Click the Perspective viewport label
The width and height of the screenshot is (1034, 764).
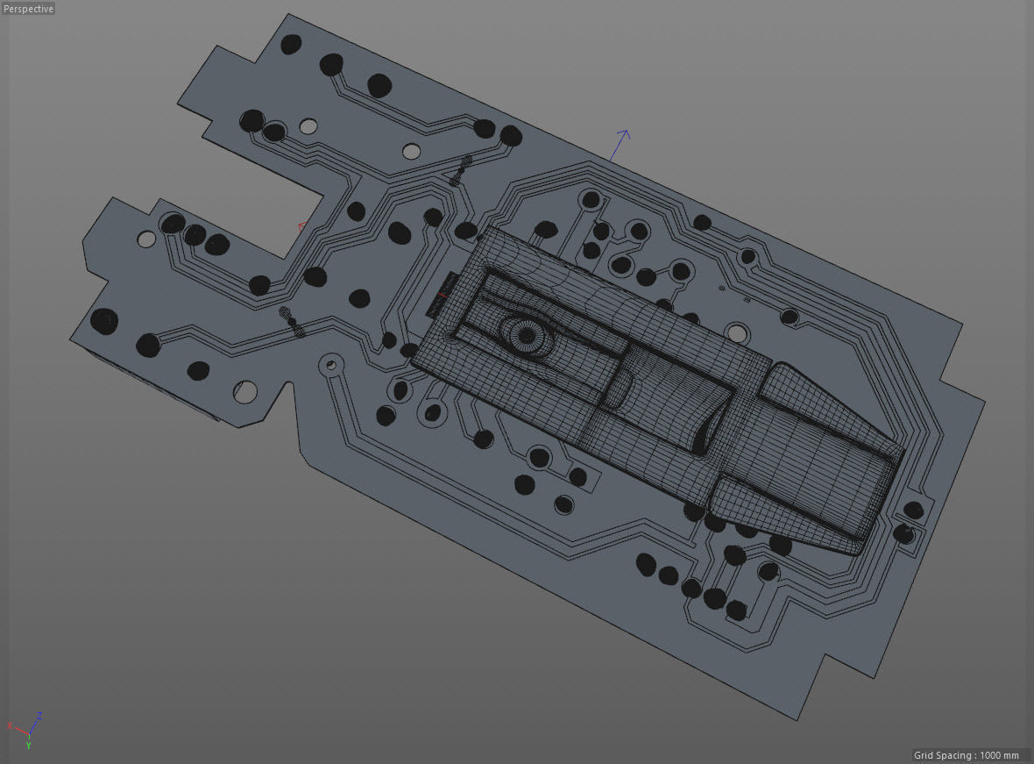28,9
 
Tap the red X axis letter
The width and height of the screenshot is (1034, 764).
10,726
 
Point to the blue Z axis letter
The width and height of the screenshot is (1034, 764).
39,716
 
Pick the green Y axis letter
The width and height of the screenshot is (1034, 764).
28,746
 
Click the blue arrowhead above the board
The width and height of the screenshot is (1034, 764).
622,135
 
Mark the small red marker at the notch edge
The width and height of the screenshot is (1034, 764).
302,228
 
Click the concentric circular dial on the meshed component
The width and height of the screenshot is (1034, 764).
526,333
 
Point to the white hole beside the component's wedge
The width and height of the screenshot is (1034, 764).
739,333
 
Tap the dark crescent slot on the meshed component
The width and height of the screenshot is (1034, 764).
704,434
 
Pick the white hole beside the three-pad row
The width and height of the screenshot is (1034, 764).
146,239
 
